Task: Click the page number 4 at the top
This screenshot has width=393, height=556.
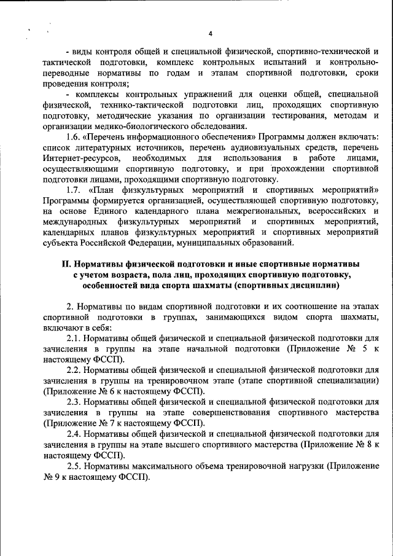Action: (210, 33)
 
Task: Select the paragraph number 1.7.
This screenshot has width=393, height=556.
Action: (75, 190)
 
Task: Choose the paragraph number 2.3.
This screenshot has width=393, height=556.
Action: (75, 402)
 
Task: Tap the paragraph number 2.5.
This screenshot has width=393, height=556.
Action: (75, 466)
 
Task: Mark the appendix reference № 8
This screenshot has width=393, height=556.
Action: (362, 444)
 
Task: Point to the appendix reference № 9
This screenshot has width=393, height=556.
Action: (53, 477)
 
